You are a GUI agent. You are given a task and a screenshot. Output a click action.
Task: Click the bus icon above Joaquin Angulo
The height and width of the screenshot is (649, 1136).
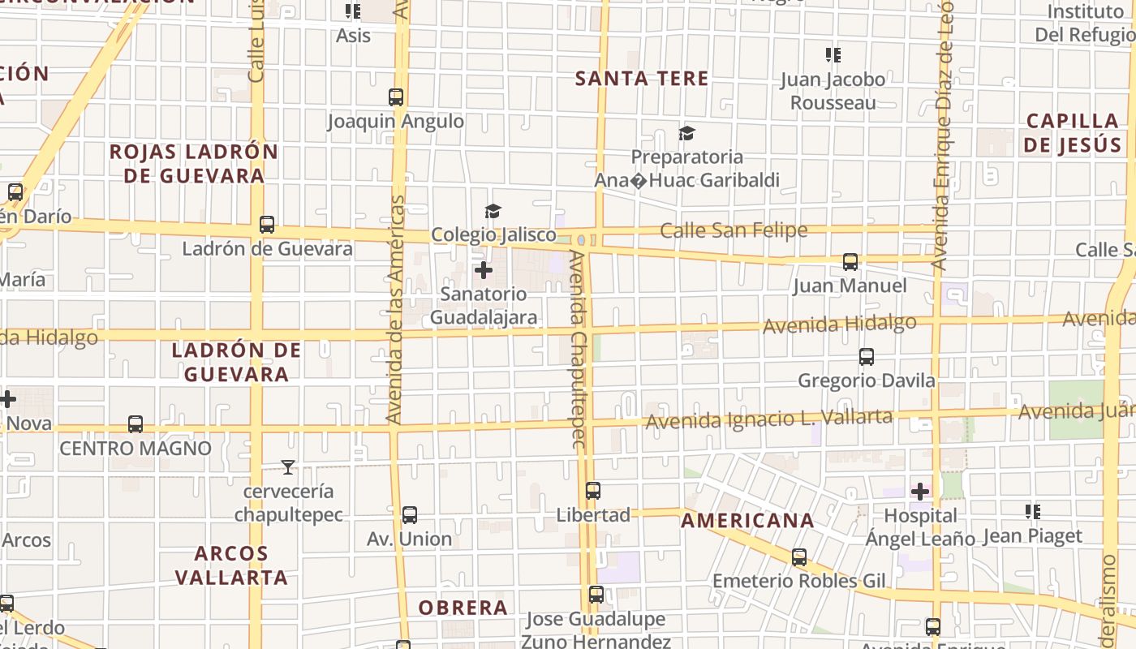(x=396, y=97)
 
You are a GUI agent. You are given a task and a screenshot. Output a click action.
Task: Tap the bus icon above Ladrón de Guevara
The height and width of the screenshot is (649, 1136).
(x=267, y=225)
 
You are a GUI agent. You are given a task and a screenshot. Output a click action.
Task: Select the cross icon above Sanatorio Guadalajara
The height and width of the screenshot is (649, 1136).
(x=484, y=269)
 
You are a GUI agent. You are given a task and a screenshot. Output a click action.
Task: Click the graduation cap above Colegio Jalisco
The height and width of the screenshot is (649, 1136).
(x=493, y=212)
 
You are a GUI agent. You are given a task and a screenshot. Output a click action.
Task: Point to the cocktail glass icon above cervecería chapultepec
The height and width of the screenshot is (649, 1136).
(x=287, y=467)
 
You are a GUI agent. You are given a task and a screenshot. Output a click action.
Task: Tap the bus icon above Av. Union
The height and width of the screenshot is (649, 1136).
(x=410, y=515)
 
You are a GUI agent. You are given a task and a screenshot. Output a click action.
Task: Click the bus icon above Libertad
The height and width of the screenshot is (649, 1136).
(x=593, y=491)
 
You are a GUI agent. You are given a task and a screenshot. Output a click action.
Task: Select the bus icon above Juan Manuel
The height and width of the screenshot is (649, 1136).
(x=850, y=262)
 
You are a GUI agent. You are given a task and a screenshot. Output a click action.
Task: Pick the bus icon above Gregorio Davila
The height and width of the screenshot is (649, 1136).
(x=867, y=357)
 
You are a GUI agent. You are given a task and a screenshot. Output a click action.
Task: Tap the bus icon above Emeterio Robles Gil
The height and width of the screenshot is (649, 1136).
(x=799, y=557)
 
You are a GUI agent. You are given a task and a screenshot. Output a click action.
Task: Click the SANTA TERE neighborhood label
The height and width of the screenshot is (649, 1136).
(x=642, y=79)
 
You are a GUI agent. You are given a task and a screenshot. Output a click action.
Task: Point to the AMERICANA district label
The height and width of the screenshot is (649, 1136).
(x=747, y=521)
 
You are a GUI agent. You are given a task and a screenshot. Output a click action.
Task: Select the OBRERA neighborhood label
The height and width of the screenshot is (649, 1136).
(x=463, y=608)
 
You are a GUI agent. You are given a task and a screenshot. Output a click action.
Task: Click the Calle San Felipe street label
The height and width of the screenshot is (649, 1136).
(x=734, y=230)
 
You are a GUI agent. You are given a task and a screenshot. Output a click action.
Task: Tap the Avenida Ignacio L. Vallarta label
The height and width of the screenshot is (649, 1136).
(x=769, y=419)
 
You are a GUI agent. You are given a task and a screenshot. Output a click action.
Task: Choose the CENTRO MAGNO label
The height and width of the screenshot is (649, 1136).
(x=136, y=448)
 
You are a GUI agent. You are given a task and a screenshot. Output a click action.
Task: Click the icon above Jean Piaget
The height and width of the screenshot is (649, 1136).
(x=1033, y=512)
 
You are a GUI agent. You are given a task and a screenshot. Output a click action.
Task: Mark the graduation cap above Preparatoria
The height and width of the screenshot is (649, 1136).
(x=687, y=133)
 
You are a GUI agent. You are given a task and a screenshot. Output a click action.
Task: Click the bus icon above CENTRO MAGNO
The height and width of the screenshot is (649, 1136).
(x=136, y=424)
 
